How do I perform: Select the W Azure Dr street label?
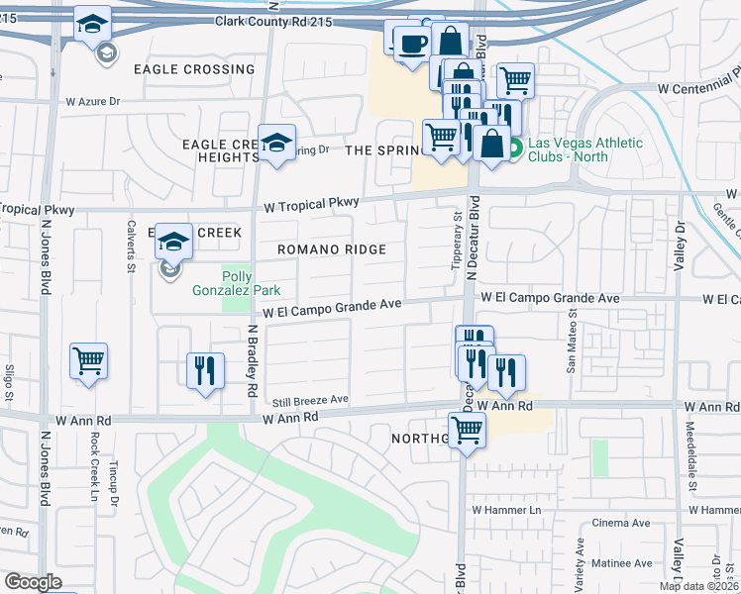pos(92,102)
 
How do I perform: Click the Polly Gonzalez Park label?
pos(236,282)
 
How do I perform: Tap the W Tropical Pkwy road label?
pos(311,204)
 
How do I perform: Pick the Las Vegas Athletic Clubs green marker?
pos(515,149)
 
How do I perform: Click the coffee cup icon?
pos(411,44)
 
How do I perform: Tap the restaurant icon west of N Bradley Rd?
pos(205,370)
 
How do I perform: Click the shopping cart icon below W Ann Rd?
pos(467,430)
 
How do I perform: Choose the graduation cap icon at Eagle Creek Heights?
pos(276,142)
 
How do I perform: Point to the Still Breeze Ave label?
pos(312,400)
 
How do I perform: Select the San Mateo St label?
pos(571,340)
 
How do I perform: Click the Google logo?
pos(33,582)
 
